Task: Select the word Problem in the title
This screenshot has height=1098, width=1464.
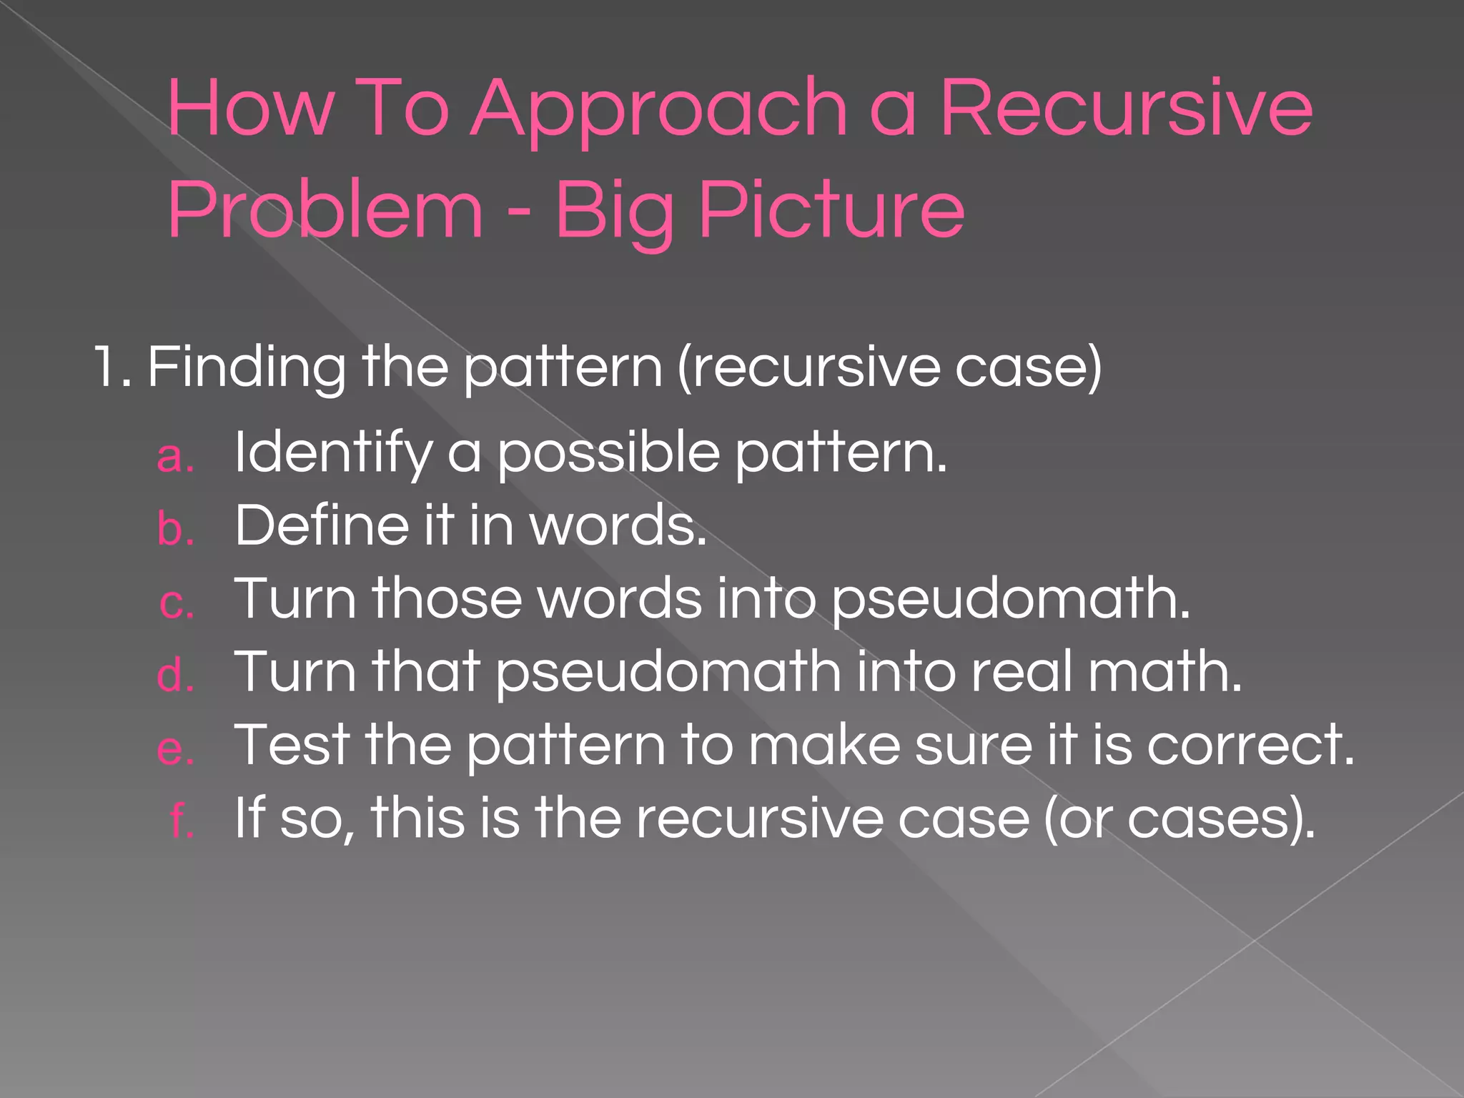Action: click(x=325, y=210)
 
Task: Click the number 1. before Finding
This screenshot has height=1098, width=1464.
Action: click(x=113, y=367)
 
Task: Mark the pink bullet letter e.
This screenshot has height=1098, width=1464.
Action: click(x=176, y=749)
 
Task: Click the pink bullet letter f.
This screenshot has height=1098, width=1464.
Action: click(x=182, y=820)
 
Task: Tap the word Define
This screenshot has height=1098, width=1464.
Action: click(x=322, y=525)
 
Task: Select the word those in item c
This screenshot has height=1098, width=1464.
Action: click(x=447, y=599)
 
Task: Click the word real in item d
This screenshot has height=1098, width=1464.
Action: click(x=1022, y=672)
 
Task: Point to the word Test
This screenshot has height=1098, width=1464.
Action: click(x=293, y=745)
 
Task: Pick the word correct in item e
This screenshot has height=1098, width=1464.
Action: click(x=1250, y=745)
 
